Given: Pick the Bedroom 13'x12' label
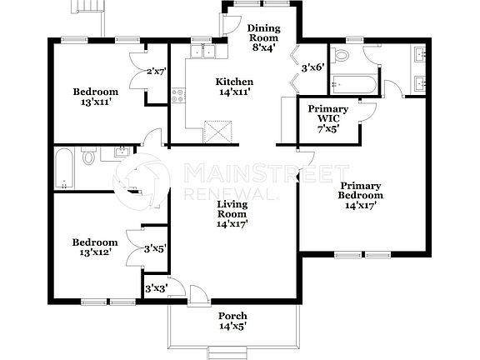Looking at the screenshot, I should (94, 247).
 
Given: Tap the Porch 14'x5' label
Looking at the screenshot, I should (232, 321).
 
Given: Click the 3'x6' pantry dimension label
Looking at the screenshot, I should (312, 67).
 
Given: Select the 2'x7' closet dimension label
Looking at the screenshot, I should (156, 72).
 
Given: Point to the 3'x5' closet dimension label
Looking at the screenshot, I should (154, 248).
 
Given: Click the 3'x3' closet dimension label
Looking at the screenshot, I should (156, 288).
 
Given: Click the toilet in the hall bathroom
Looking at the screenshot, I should (88, 156).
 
